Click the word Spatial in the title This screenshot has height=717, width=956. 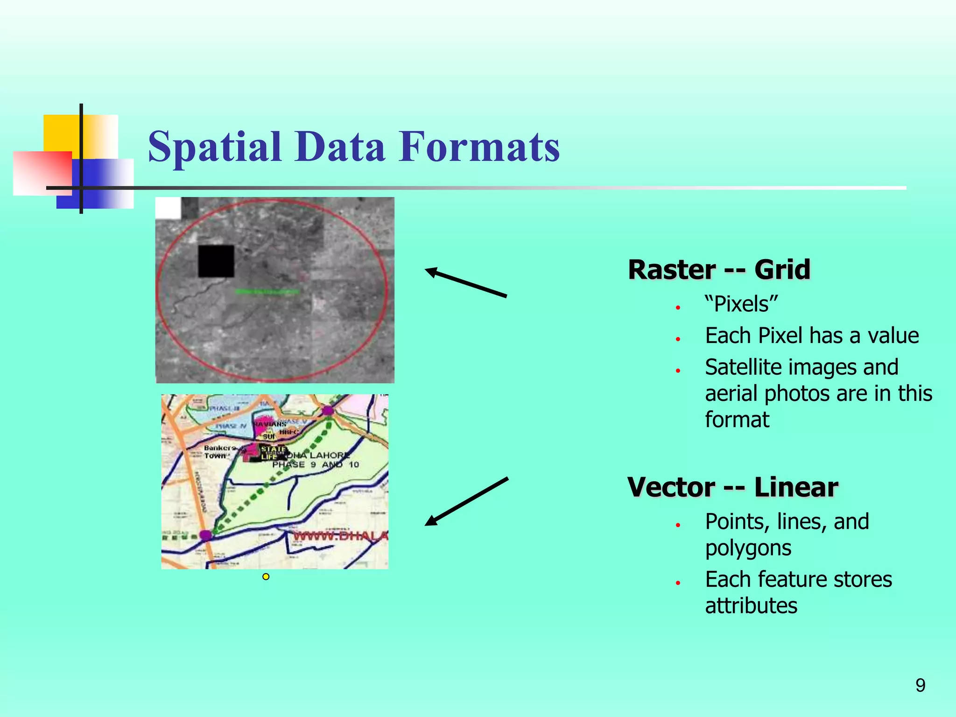pyautogui.click(x=215, y=147)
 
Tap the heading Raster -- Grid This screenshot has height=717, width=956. pyautogui.click(x=719, y=269)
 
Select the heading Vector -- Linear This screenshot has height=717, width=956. pyautogui.click(x=733, y=487)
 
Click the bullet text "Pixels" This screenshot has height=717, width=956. pyautogui.click(x=741, y=304)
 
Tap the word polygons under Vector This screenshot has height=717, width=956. pyautogui.click(x=748, y=548)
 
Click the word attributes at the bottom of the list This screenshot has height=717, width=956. pyautogui.click(x=751, y=606)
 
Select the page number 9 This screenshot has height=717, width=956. pyautogui.click(x=920, y=685)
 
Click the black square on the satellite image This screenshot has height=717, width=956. pyautogui.click(x=216, y=261)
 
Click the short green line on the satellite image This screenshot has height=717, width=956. pyautogui.click(x=267, y=292)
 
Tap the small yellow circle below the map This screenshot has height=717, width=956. pyautogui.click(x=266, y=577)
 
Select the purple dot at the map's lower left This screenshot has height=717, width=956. pyautogui.click(x=206, y=535)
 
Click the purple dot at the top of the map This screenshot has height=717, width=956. pyautogui.click(x=328, y=411)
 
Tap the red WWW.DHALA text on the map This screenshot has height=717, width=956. pyautogui.click(x=340, y=536)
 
